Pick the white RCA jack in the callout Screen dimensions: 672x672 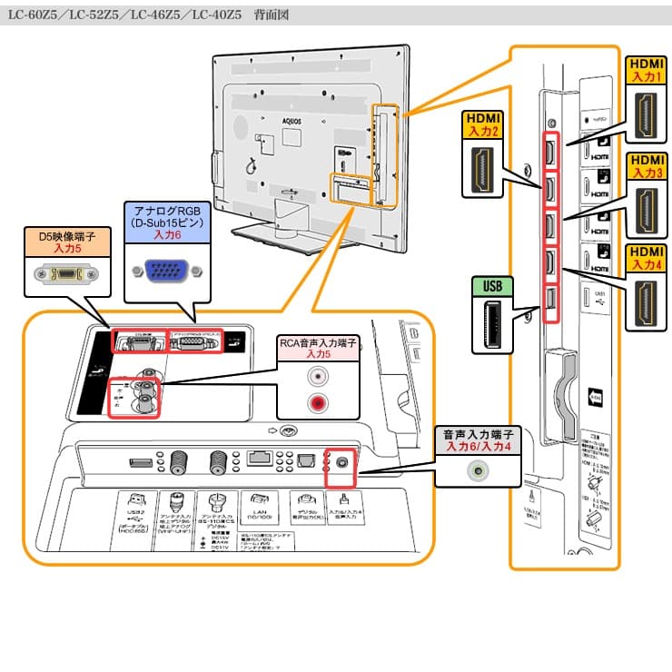317,375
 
